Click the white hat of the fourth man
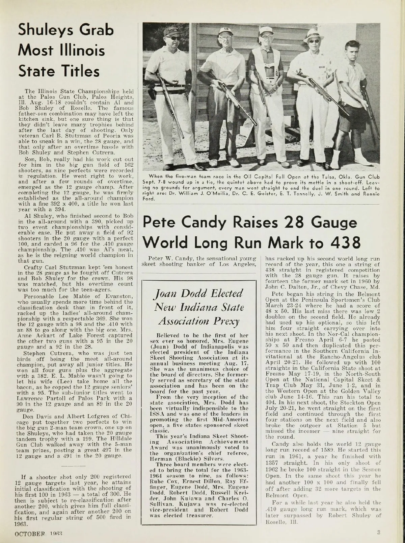click(x=313, y=34)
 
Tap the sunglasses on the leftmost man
click(x=174, y=38)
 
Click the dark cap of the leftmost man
click(x=173, y=31)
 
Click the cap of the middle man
click(x=266, y=30)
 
